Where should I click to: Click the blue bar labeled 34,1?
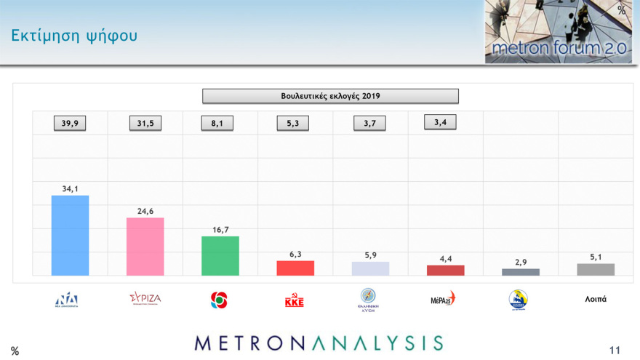click(x=70, y=236)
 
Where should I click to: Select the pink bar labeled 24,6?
click(x=145, y=247)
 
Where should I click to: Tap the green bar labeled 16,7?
click(x=220, y=256)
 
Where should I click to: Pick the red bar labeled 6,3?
click(x=295, y=268)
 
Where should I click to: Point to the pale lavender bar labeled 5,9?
click(x=370, y=268)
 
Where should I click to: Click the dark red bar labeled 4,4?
click(x=445, y=270)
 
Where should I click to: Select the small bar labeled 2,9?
click(x=521, y=272)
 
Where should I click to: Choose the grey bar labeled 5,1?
click(x=596, y=269)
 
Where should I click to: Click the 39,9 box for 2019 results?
click(x=70, y=124)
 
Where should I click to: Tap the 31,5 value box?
click(x=145, y=124)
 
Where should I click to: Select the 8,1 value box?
click(x=217, y=124)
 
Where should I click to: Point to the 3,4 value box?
click(x=440, y=122)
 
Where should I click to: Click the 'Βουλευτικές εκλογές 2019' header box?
click(x=330, y=96)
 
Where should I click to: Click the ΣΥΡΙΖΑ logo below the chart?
click(x=145, y=298)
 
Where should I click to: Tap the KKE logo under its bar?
click(x=295, y=300)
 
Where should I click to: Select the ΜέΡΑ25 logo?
click(x=443, y=298)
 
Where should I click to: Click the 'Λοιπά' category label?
click(x=596, y=299)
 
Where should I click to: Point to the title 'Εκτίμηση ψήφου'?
click(x=73, y=35)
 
